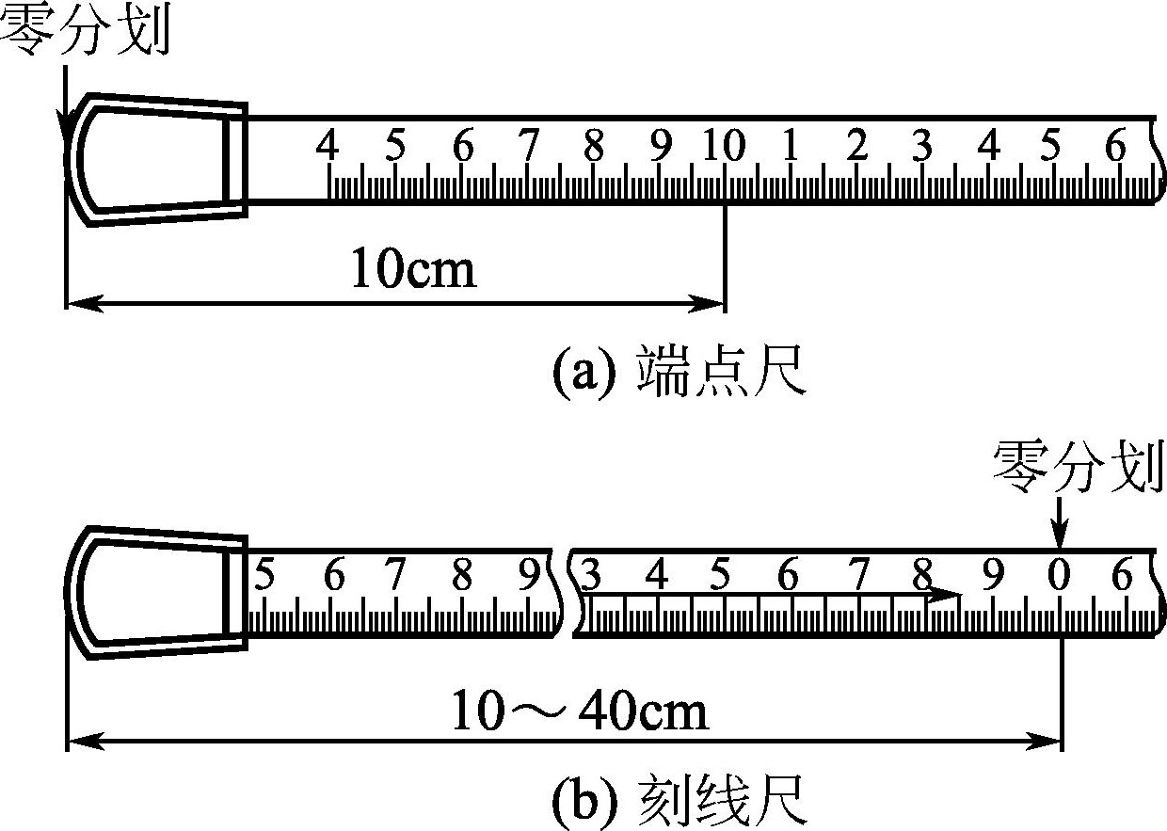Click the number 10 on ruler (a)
pyautogui.click(x=723, y=147)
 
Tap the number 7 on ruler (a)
pyautogui.click(x=528, y=147)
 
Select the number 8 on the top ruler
pyautogui.click(x=593, y=147)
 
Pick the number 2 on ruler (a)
pyautogui.click(x=855, y=147)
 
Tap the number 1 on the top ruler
pyautogui.click(x=790, y=147)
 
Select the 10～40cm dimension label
pyautogui.click(x=580, y=712)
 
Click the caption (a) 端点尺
pyautogui.click(x=678, y=373)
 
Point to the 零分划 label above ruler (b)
pyautogui.click(x=1079, y=469)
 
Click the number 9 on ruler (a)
pyautogui.click(x=661, y=147)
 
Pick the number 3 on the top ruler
pyautogui.click(x=921, y=147)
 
